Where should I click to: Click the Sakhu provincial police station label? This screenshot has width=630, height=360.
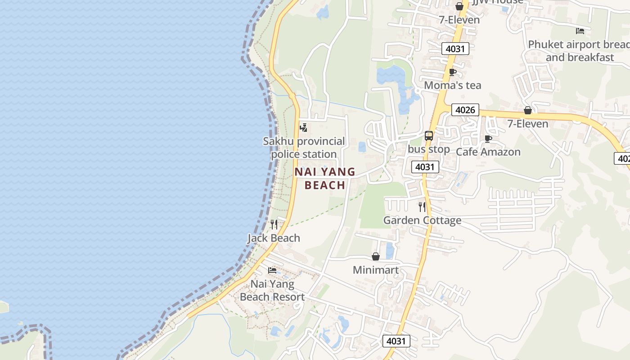tap(304, 148)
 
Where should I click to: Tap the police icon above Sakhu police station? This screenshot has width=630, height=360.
tap(304, 128)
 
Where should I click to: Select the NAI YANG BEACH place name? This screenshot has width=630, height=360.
tap(325, 178)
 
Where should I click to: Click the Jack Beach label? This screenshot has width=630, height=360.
tap(274, 238)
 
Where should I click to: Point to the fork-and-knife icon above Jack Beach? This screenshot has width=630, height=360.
tap(274, 224)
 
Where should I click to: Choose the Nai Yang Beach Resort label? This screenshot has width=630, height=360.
tap(272, 291)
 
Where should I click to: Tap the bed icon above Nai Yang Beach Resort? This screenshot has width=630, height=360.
tap(272, 270)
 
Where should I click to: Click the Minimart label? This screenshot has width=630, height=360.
tap(376, 270)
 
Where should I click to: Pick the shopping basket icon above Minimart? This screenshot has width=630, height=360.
tap(376, 256)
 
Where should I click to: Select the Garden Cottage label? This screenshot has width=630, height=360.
tap(422, 220)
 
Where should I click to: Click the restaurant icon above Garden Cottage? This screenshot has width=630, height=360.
tap(422, 207)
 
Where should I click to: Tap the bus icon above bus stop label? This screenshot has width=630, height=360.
tap(429, 135)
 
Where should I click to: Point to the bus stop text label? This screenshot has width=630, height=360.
tap(429, 149)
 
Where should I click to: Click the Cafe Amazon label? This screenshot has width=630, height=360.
tap(488, 152)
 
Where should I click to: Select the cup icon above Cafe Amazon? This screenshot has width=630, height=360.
tap(488, 139)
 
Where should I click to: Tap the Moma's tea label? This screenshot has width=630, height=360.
tap(453, 85)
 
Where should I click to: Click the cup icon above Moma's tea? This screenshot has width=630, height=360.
tap(453, 72)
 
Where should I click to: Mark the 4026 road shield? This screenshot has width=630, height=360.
tap(465, 110)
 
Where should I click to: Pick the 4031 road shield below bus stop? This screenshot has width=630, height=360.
tap(425, 167)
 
